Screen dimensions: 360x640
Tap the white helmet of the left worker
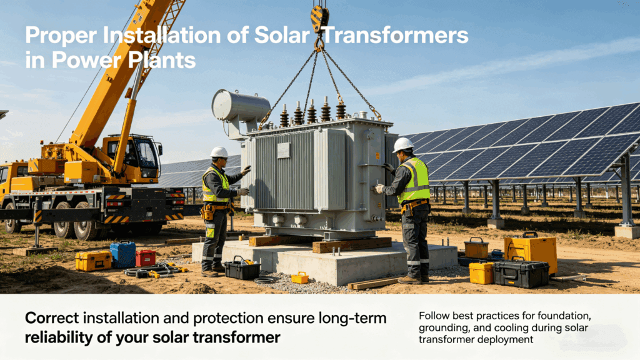click(219, 152)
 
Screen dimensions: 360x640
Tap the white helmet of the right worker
click(403, 144)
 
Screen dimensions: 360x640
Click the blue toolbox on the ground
click(122, 254)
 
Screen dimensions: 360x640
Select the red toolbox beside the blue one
click(146, 257)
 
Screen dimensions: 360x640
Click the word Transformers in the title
click(396, 36)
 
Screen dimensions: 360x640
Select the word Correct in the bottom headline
click(51, 318)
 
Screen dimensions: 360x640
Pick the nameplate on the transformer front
click(283, 150)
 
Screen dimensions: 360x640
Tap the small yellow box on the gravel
click(299, 277)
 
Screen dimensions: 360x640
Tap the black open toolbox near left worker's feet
click(242, 269)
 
